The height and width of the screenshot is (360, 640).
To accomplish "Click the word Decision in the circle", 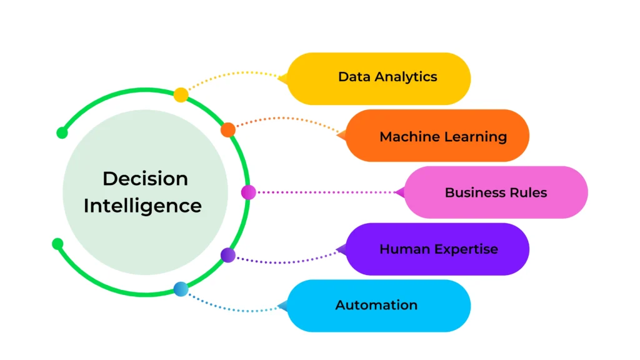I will tap(145, 179).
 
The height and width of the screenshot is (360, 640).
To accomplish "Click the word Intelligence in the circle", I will tap(142, 206).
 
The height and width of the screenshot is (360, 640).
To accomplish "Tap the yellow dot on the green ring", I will tap(181, 95).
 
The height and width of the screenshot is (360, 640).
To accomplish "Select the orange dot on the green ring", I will tap(228, 129).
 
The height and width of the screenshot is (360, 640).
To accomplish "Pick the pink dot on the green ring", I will tap(248, 192).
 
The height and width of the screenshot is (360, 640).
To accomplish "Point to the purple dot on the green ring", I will tap(228, 255).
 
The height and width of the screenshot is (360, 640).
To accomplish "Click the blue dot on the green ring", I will tap(181, 289).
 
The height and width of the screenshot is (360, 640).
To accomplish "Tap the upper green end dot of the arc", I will tap(62, 132).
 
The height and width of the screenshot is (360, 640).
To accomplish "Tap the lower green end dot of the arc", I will tap(57, 243).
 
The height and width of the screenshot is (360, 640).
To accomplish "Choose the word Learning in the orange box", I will tap(475, 137).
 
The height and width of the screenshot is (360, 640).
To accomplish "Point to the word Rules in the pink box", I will tap(528, 192).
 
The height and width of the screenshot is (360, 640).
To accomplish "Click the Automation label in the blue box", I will tap(376, 305).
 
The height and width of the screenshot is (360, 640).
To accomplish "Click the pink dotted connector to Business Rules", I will tap(325, 192).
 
